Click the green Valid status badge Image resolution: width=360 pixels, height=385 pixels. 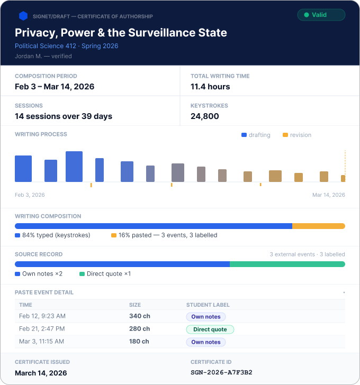click(x=321, y=15)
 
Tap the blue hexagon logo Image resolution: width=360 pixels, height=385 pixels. click(x=23, y=16)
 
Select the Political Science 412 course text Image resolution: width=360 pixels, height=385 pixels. click(x=46, y=46)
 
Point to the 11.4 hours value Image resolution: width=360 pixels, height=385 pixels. click(x=210, y=87)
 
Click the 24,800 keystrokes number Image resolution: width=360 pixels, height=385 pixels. click(x=205, y=116)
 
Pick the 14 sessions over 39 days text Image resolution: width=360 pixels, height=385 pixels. click(x=64, y=116)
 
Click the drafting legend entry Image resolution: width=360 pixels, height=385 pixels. click(x=256, y=135)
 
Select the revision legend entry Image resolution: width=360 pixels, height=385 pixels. click(x=297, y=135)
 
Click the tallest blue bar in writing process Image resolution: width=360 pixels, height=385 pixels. click(x=74, y=167)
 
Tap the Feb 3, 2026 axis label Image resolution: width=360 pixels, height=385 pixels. click(x=30, y=195)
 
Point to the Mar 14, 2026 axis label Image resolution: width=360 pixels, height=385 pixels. click(x=329, y=195)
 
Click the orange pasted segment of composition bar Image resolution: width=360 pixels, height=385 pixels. click(x=319, y=226)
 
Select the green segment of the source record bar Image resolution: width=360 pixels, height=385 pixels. click(x=287, y=264)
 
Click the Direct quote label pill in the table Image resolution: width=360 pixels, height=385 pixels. click(x=210, y=329)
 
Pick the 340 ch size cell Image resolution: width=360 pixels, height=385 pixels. click(x=140, y=316)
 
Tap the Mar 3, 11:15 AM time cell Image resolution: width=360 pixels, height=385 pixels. click(x=41, y=341)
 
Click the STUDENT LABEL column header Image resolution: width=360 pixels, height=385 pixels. click(x=208, y=305)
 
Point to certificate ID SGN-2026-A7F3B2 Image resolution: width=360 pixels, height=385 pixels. click(x=221, y=372)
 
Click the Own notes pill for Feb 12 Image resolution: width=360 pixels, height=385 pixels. click(x=206, y=317)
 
